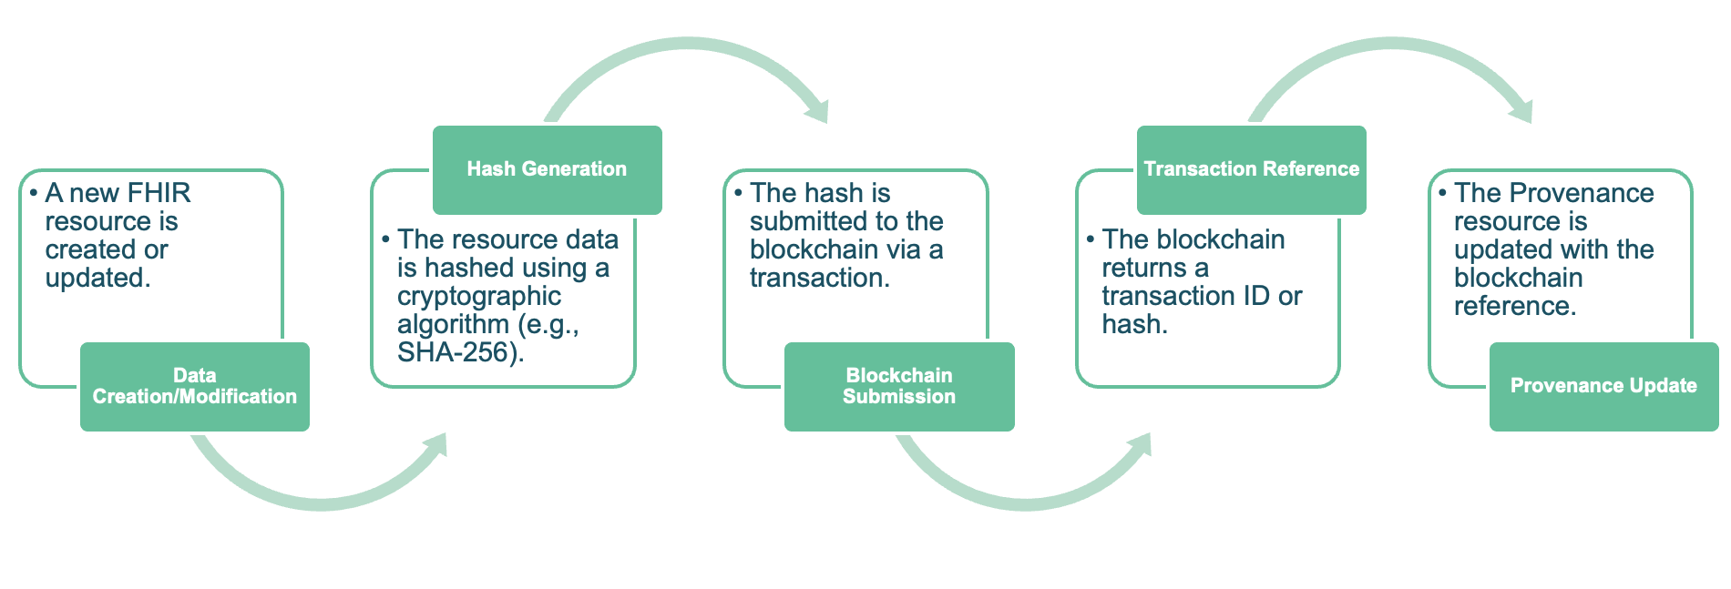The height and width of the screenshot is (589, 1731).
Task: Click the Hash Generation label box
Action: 547,169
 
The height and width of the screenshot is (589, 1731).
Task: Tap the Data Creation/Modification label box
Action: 194,386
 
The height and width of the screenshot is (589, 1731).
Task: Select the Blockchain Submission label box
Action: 898,386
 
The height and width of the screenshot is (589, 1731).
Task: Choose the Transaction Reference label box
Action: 1251,169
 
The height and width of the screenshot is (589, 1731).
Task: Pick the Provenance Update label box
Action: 1603,386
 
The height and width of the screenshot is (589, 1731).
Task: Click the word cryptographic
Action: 478,296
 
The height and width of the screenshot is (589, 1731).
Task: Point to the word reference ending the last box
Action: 1512,306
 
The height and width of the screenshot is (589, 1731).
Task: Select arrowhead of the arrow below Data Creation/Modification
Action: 435,445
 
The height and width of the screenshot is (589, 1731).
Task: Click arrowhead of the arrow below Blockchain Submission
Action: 1140,445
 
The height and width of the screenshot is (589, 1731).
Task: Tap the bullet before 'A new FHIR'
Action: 34,193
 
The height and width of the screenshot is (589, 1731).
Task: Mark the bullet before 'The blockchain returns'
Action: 1091,239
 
